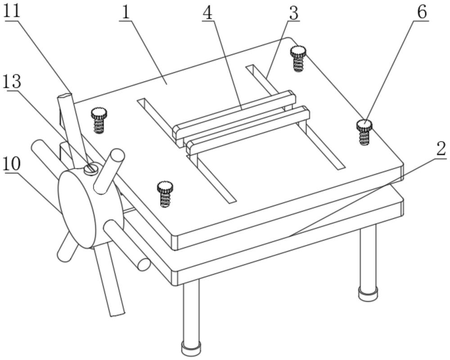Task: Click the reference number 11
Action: click(12, 11)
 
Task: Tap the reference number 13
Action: click(12, 82)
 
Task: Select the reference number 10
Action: click(12, 164)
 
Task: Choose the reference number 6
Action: click(422, 12)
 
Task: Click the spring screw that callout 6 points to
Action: click(364, 132)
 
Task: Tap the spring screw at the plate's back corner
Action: click(298, 58)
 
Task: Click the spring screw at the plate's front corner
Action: click(165, 194)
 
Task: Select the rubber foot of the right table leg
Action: click(368, 294)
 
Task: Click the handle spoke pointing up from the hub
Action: click(109, 171)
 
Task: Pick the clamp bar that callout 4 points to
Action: click(234, 115)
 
